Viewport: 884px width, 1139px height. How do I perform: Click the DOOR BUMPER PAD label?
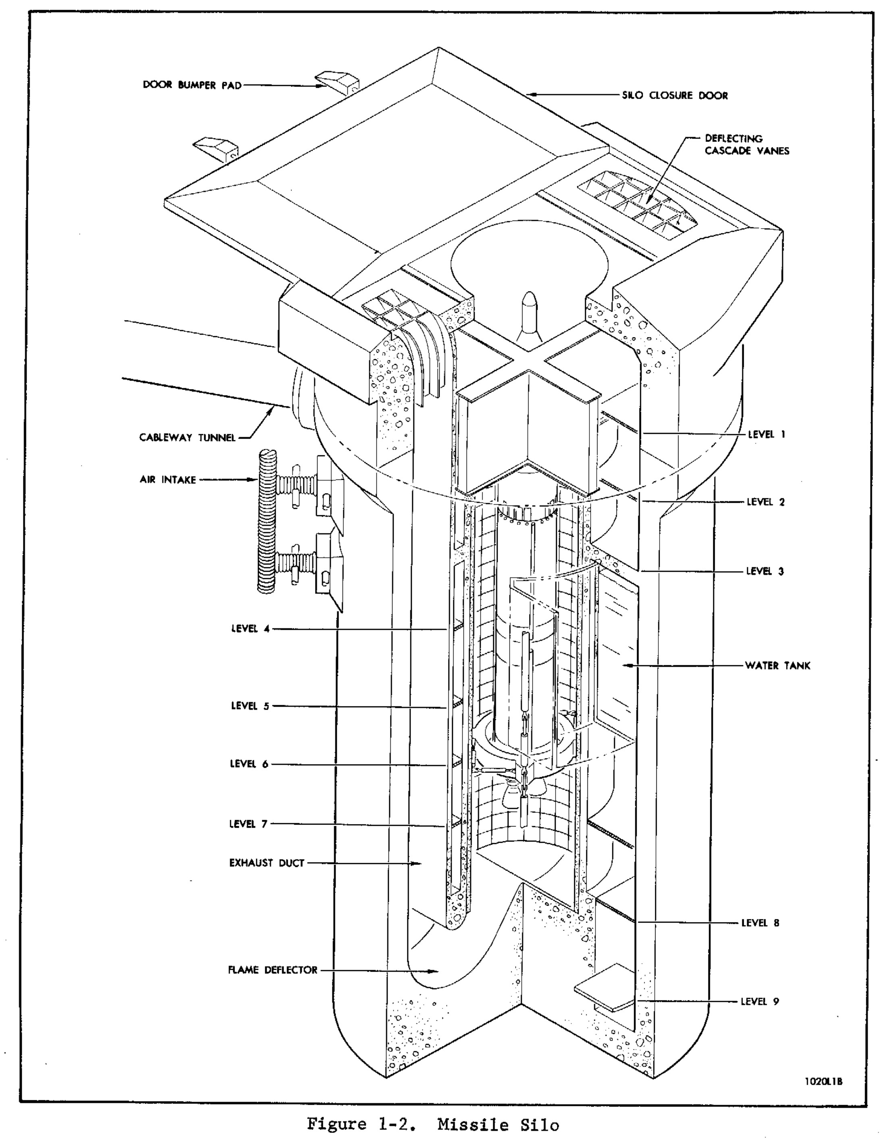click(x=192, y=85)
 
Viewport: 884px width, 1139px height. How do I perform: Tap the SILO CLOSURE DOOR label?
click(x=674, y=96)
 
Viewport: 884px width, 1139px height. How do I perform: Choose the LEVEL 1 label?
click(x=766, y=434)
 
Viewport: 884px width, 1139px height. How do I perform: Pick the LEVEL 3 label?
click(x=765, y=571)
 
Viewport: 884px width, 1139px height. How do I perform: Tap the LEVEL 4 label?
click(x=250, y=629)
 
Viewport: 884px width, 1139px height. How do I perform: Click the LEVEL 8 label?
click(x=760, y=923)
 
